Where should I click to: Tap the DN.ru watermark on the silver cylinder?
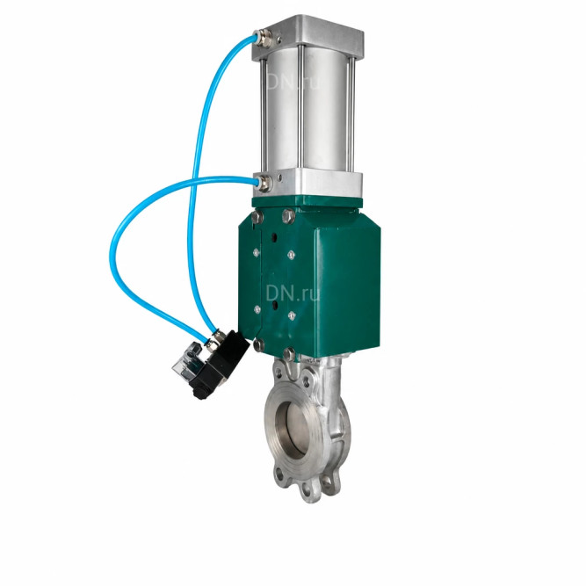(293, 82)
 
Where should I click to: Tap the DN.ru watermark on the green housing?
(293, 293)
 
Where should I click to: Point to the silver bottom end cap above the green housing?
(307, 184)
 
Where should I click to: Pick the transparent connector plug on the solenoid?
(187, 359)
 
